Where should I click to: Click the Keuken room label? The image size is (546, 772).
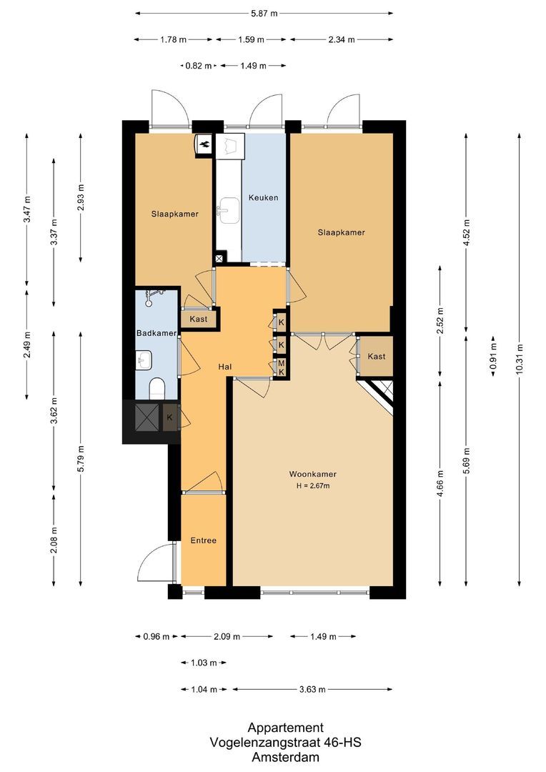(263, 197)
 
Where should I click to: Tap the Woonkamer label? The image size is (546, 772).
(312, 474)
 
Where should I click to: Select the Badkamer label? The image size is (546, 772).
(157, 333)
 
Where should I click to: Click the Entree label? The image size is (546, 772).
(203, 540)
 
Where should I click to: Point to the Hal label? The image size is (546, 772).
(226, 367)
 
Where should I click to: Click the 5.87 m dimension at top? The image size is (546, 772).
(264, 13)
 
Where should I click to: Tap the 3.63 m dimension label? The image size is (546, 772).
(312, 689)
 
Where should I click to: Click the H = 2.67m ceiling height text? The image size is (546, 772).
(312, 486)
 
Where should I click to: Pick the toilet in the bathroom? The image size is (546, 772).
(157, 389)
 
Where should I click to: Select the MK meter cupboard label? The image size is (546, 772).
(282, 367)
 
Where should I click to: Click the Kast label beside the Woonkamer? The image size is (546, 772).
(377, 356)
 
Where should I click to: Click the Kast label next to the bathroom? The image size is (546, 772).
(198, 319)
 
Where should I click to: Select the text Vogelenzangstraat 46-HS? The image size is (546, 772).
(286, 743)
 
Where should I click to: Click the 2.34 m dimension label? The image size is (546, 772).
(341, 39)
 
